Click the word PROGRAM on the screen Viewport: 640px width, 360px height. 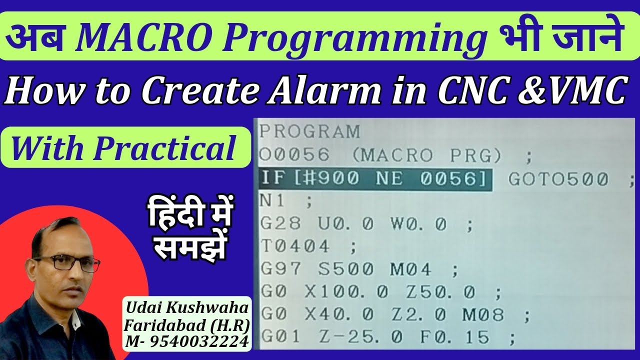[x=309, y=131]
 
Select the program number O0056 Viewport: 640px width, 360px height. [x=294, y=155]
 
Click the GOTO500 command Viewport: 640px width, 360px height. [x=558, y=179]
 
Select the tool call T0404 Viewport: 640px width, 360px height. [x=295, y=246]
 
